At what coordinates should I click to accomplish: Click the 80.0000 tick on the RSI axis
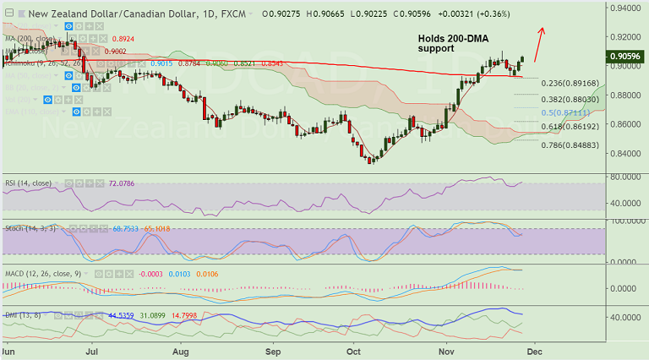(626, 177)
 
